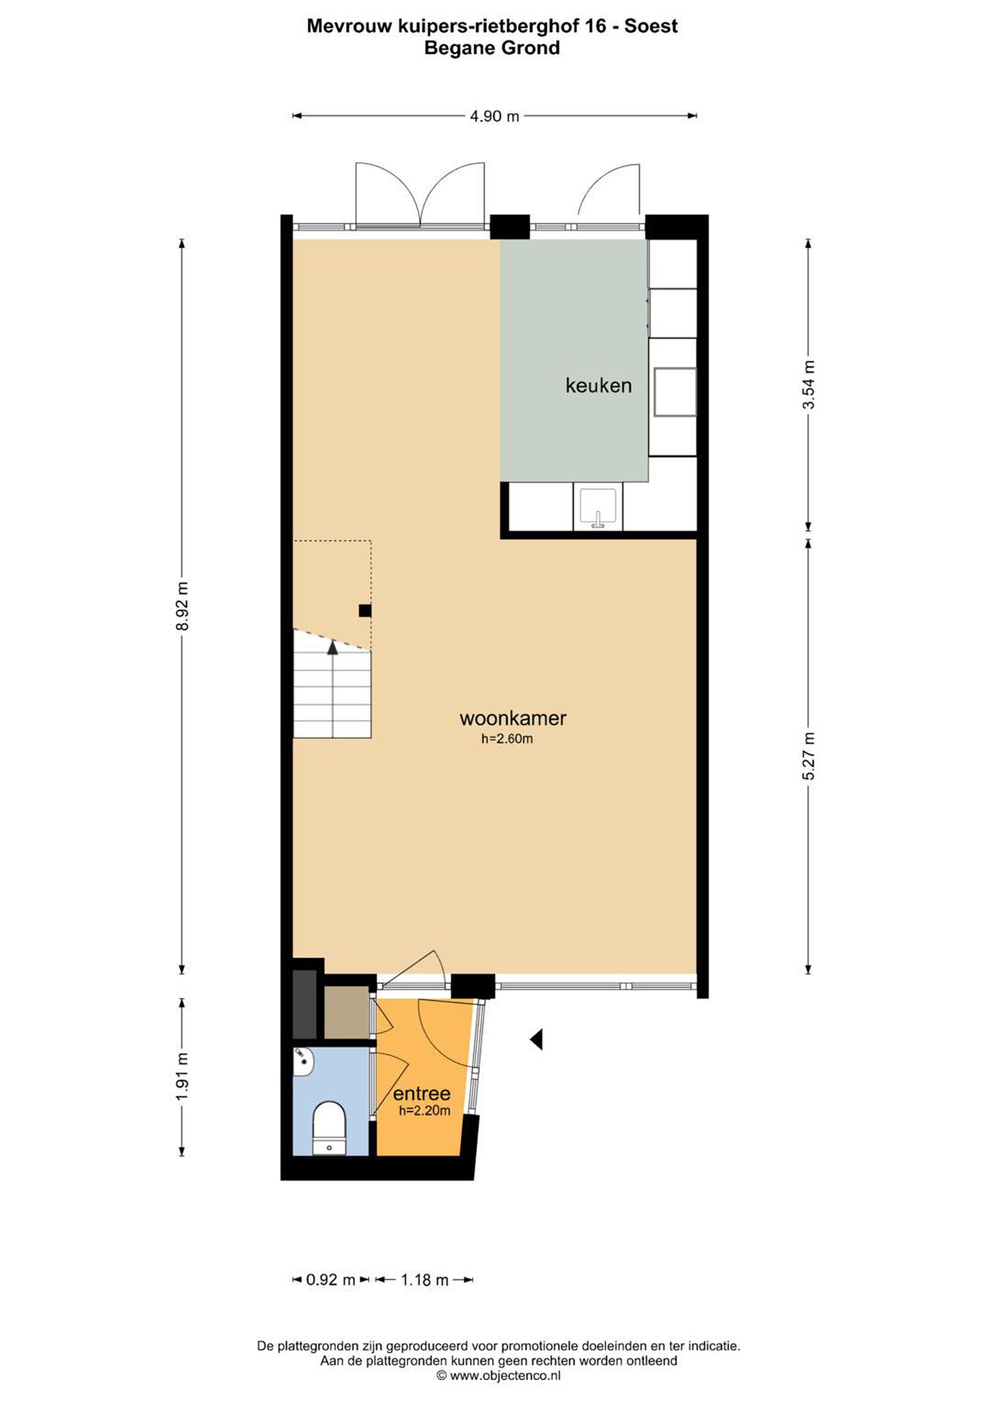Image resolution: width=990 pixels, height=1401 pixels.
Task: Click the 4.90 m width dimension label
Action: point(494,116)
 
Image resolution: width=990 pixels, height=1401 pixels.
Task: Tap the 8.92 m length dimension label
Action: point(182,606)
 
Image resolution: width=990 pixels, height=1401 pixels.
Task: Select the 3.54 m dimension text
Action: point(808,384)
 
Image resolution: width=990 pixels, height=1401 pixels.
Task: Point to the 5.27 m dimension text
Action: point(808,756)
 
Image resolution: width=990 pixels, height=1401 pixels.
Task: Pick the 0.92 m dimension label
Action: point(331,1279)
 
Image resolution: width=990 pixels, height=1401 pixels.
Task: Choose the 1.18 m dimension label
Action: point(424,1279)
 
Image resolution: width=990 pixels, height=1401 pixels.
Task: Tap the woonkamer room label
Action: point(513,718)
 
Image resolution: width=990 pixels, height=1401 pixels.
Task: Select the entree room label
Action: point(422,1093)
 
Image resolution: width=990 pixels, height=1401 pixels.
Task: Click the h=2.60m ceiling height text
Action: point(507,739)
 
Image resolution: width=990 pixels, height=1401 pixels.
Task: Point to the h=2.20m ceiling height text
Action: point(424,1111)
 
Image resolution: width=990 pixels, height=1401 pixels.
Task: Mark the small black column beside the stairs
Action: point(365,610)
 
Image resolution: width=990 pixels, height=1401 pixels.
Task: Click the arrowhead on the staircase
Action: point(333,647)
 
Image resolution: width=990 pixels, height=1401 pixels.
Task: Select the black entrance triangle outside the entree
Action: point(536,1039)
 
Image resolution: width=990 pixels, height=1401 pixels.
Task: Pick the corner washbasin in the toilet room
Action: point(303,1062)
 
